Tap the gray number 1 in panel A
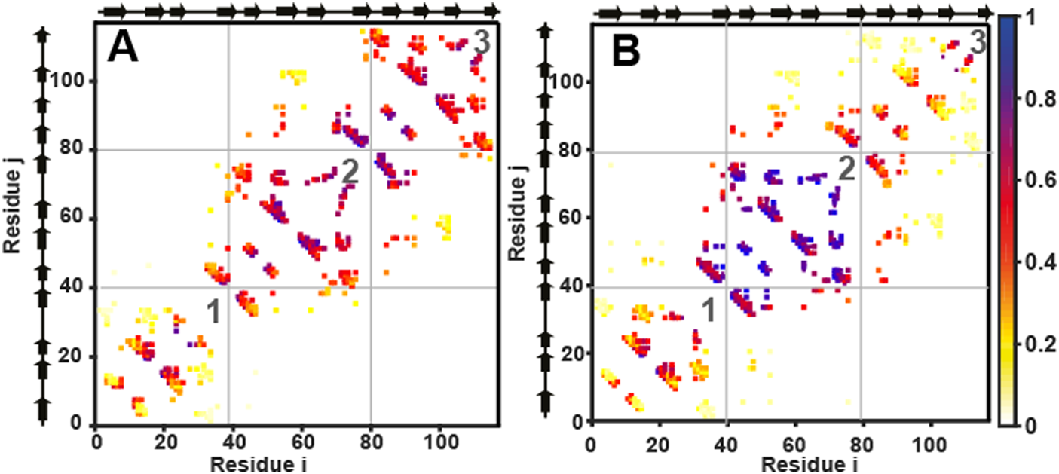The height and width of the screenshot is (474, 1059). coord(213,312)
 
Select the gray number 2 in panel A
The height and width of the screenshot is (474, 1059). coord(349,173)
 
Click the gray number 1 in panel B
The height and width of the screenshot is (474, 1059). coord(709,310)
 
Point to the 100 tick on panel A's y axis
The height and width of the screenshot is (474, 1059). coord(72,81)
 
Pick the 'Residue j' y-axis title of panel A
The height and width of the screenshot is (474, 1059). coord(11,214)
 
